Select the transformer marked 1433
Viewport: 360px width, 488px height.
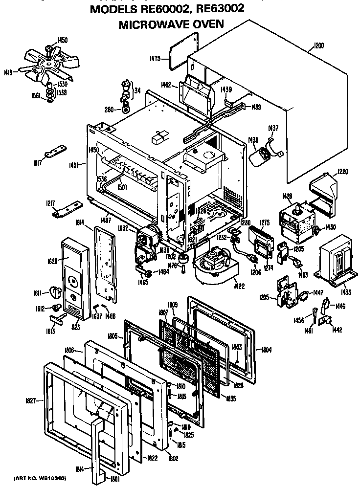pyautogui.click(x=337, y=265)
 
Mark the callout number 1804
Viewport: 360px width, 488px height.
pyautogui.click(x=267, y=350)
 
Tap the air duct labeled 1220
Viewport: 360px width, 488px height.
pyautogui.click(x=324, y=188)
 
